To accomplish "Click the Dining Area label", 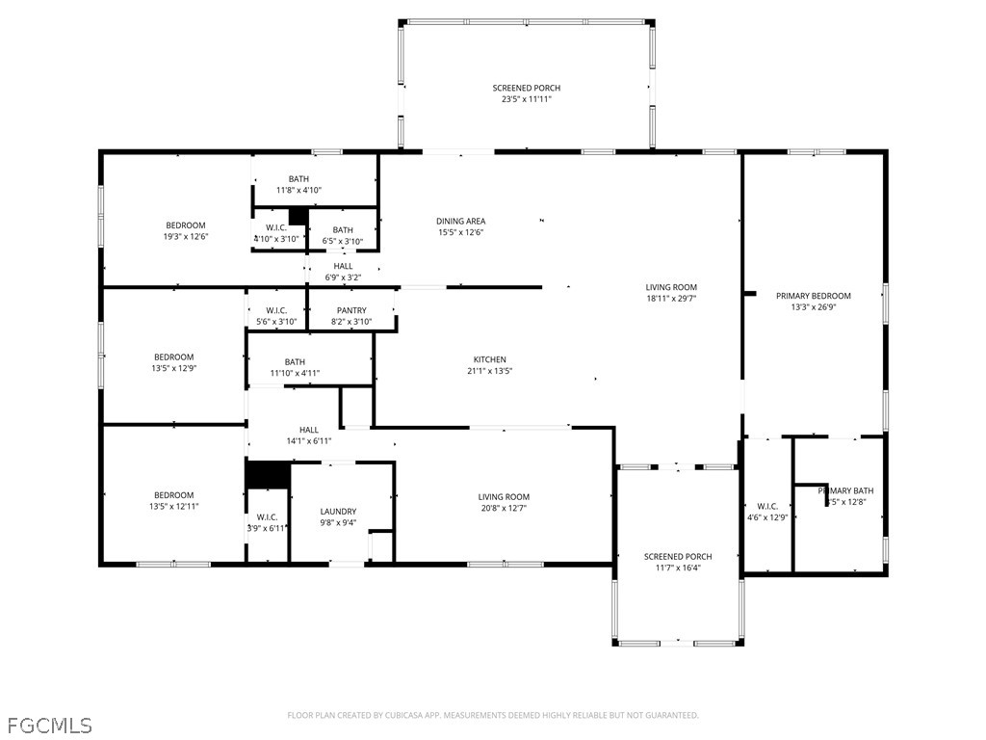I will pyautogui.click(x=460, y=221).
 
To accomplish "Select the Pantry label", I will pyautogui.click(x=351, y=310).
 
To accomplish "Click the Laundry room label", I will pyautogui.click(x=338, y=512).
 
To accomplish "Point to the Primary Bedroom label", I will pyautogui.click(x=814, y=296).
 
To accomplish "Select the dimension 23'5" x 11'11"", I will pyautogui.click(x=526, y=99).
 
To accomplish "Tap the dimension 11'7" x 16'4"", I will pyautogui.click(x=678, y=568).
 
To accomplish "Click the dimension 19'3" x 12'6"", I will pyautogui.click(x=185, y=237).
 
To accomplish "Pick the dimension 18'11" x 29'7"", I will pyautogui.click(x=671, y=299).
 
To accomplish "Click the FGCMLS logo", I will pyautogui.click(x=49, y=724).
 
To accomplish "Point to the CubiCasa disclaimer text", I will pyautogui.click(x=493, y=715).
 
